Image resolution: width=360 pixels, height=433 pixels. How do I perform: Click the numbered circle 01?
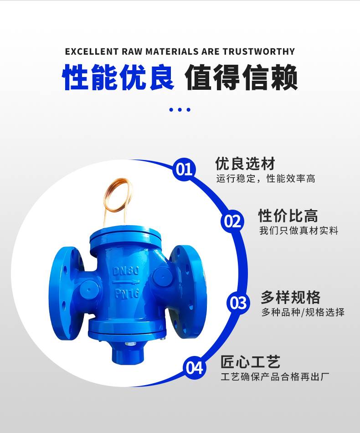tap(184, 169)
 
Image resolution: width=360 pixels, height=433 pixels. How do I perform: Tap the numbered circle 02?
tap(232, 222)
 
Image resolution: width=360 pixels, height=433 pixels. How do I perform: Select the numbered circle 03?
tap(238, 303)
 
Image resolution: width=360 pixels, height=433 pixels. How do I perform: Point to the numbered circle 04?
tap(194, 367)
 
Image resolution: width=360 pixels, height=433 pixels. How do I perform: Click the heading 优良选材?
tap(245, 164)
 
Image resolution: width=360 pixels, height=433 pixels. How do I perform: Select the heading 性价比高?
tap(288, 216)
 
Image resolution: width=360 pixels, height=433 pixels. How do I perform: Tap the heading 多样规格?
tap(291, 297)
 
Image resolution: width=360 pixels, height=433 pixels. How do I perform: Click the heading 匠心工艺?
tap(250, 361)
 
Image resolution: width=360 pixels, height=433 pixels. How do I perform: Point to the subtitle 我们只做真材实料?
tap(299, 230)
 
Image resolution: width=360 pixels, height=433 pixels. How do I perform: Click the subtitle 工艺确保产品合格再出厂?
tap(275, 376)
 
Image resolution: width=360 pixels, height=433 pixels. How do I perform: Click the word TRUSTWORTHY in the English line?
tap(259, 52)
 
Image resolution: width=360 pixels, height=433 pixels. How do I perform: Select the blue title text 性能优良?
tap(118, 77)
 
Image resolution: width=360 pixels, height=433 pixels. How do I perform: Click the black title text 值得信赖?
tap(241, 77)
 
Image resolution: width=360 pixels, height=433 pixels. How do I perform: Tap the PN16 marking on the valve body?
tap(127, 293)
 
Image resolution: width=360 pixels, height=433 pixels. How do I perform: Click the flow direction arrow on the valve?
tap(126, 282)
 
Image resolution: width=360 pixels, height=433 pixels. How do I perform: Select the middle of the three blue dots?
tap(180, 110)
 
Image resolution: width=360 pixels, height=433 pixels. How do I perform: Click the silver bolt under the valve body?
tap(129, 344)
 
